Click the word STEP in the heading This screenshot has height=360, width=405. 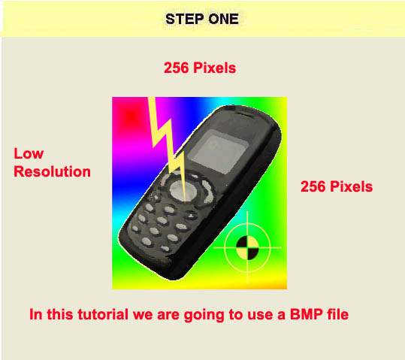pos(184,19)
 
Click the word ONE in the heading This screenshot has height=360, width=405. pos(224,19)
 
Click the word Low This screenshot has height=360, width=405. pos(29,153)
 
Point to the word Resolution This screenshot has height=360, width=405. pos(52,171)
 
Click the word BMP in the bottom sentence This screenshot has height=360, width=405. pos(307,314)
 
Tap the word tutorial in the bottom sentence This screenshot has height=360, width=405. pos(103,314)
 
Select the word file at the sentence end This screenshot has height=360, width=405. pos(338,314)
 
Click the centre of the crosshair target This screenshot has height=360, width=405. pos(247,247)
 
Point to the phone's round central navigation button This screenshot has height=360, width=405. pos(183,191)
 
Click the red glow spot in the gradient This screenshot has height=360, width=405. pos(132,116)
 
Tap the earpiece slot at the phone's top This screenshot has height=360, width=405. pos(244,113)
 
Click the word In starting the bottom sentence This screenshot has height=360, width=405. pos(36,314)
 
